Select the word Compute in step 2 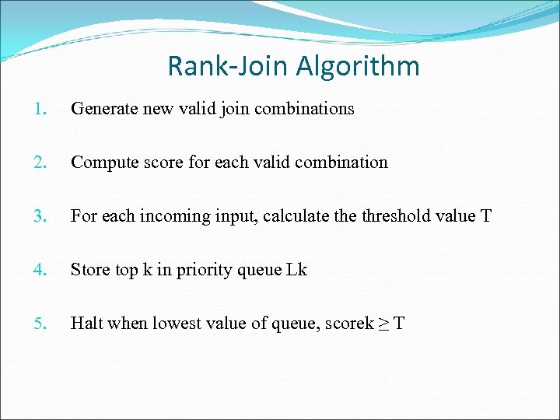click(101, 163)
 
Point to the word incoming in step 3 click(171, 216)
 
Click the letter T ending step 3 click(486, 216)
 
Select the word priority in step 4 click(195, 270)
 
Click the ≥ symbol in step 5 click(384, 324)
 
